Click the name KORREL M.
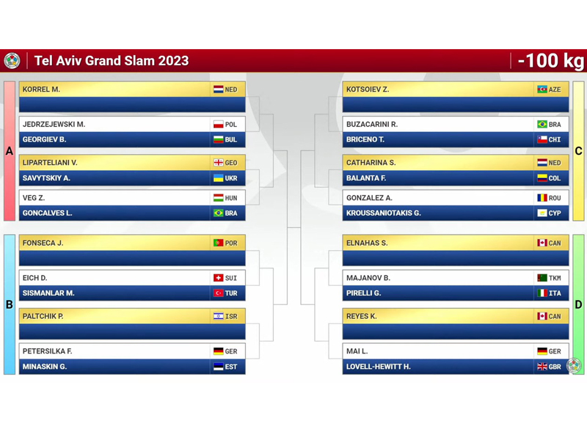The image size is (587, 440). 41,89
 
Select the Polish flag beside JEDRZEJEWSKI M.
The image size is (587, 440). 218,125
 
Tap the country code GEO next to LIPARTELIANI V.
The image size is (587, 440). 231,163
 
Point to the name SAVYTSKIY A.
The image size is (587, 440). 46,178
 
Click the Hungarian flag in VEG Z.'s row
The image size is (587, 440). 218,197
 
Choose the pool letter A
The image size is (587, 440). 10,151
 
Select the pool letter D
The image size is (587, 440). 578,304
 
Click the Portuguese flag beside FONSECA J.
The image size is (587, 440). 218,243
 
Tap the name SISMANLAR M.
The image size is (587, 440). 48,293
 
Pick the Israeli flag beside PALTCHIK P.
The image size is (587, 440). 218,316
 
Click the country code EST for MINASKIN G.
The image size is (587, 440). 231,367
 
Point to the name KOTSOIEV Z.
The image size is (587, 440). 368,89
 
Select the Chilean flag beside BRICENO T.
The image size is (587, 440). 542,139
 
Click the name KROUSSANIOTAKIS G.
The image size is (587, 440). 383,213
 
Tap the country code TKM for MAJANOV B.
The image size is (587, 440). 555,278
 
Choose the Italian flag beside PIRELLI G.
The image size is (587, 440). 542,293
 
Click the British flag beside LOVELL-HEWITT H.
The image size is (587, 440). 542,367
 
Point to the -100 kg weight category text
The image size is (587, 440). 551,61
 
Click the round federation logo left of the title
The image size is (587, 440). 12,61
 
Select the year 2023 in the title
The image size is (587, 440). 173,61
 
